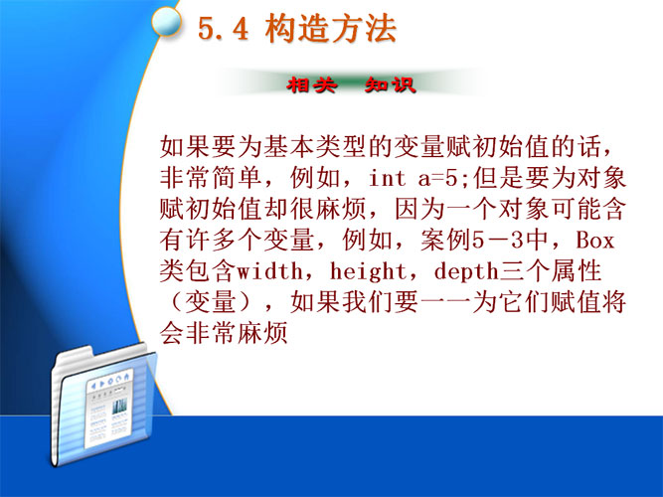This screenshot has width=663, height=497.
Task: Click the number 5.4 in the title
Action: [223, 29]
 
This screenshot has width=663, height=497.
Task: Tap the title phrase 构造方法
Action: [330, 29]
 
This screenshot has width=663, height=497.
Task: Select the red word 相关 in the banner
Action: [312, 85]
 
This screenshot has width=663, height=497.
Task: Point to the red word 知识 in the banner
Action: [390, 85]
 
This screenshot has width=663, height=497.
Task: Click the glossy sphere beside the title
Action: [166, 22]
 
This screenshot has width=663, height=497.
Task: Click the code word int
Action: [387, 178]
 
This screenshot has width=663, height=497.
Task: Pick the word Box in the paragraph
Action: [594, 240]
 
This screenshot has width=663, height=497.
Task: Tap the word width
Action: [269, 271]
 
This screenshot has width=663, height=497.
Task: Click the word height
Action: [368, 271]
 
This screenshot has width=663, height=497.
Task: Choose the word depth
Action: [466, 271]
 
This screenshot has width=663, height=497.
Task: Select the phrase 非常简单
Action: [211, 178]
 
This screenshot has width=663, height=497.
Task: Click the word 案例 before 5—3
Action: [446, 240]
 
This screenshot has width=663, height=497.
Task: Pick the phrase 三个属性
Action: [551, 271]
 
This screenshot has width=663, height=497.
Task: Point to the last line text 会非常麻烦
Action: [224, 333]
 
